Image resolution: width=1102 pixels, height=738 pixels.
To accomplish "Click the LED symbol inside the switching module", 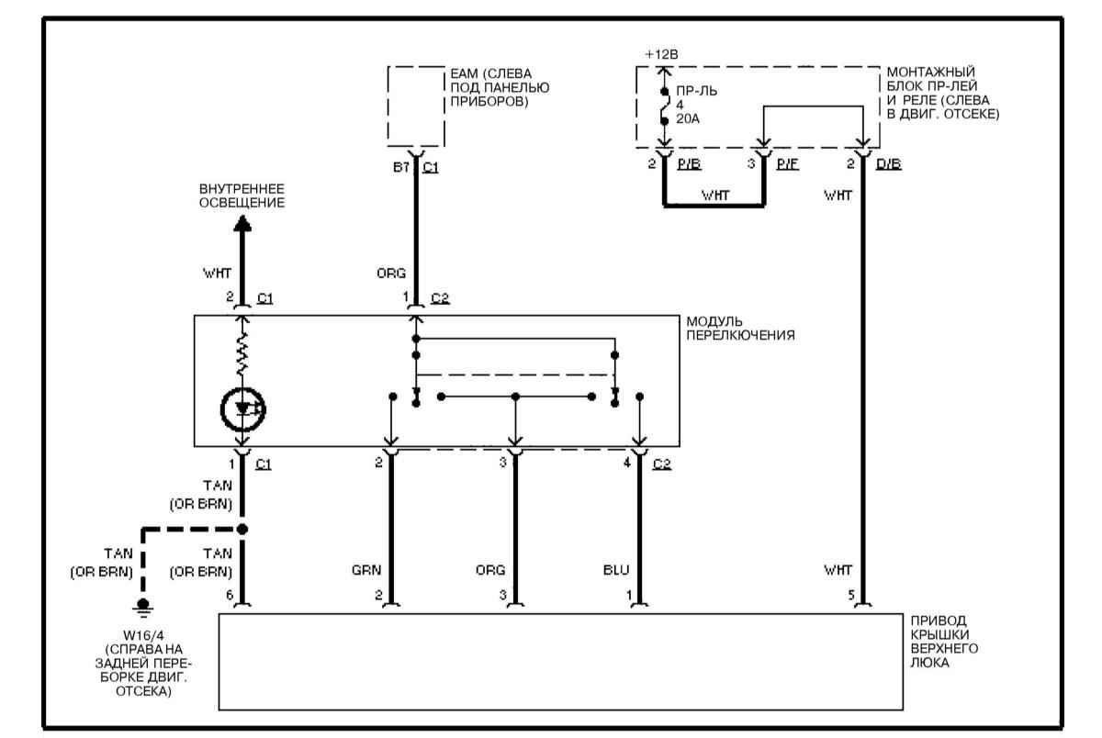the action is [242, 409].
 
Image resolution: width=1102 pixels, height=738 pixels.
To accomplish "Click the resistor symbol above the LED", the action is [242, 354].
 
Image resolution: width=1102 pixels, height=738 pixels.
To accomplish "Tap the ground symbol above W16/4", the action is [142, 606].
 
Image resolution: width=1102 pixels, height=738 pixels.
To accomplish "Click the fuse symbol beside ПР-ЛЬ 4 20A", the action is [665, 106].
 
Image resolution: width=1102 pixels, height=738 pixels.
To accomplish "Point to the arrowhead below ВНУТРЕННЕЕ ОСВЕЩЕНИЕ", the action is [242, 224].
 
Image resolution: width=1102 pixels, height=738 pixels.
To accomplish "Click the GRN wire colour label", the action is [366, 570].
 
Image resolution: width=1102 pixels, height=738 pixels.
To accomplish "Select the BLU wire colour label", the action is [616, 570].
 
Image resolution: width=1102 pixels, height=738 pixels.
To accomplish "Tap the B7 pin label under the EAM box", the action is [401, 167].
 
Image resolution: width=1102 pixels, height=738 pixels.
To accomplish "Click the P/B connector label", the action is [689, 164].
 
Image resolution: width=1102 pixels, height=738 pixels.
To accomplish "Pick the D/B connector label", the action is [889, 164].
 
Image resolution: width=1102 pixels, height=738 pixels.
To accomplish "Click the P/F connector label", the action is [788, 164].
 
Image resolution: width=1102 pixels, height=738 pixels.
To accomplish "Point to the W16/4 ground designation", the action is [143, 635].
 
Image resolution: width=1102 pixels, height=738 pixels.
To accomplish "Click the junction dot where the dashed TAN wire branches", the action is [242, 529].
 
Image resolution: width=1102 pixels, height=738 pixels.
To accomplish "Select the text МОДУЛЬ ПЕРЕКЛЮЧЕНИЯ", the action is [740, 328].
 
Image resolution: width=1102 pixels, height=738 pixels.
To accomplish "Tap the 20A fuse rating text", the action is [688, 119].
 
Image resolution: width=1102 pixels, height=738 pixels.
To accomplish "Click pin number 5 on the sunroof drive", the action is [851, 596].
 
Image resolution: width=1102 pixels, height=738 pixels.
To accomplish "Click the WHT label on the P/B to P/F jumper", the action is [715, 196].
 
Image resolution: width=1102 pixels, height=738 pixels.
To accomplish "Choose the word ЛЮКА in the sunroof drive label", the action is [929, 663].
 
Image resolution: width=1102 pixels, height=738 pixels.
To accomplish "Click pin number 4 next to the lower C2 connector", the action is [626, 463].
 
